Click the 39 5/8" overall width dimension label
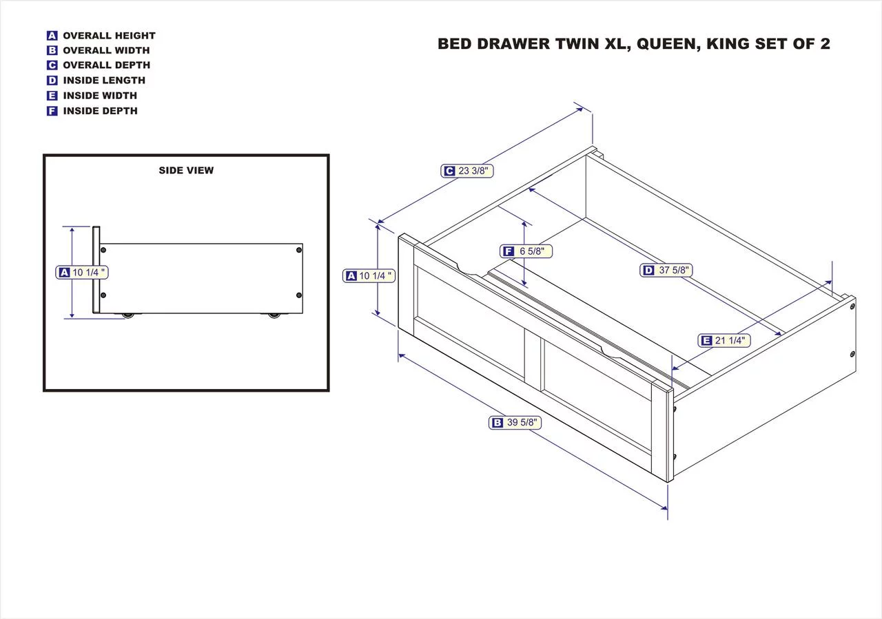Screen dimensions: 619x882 (x=515, y=423)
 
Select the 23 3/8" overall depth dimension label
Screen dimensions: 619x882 (x=467, y=171)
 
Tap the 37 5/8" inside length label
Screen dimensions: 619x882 (x=666, y=270)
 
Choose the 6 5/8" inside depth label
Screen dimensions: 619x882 (x=527, y=251)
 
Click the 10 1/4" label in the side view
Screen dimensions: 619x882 (x=82, y=273)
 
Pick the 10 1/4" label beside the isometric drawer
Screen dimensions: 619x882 (x=369, y=276)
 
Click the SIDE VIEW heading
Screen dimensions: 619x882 (x=186, y=171)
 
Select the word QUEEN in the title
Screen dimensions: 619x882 (x=665, y=44)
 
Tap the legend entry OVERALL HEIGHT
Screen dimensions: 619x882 (x=109, y=36)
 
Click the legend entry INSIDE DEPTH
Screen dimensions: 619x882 (x=100, y=111)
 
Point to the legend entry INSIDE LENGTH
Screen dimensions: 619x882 (x=104, y=81)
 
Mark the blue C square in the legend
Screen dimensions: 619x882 (x=52, y=65)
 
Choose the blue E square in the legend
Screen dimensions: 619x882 (x=52, y=96)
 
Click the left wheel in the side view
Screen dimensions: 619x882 (x=127, y=315)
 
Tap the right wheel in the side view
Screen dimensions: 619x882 (x=274, y=315)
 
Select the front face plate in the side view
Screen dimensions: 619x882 (x=96, y=270)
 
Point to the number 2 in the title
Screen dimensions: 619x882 (x=824, y=44)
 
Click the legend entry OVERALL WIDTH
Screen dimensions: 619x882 (x=106, y=50)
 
